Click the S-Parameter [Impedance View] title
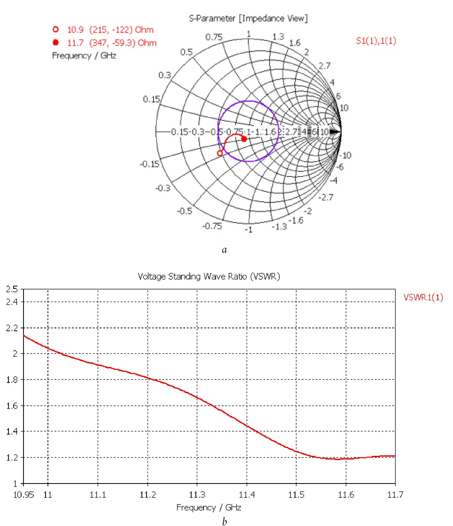(248, 18)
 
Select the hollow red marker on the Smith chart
(220, 153)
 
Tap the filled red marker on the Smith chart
(244, 139)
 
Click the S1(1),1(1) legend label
(376, 41)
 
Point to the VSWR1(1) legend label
(423, 297)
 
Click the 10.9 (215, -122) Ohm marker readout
(110, 30)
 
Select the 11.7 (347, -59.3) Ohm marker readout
(112, 43)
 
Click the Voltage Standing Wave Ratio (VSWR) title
(209, 276)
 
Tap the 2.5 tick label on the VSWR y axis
(12, 289)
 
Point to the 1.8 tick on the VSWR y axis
(12, 380)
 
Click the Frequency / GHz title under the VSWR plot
(209, 508)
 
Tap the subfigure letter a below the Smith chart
(225, 250)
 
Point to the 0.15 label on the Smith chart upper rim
(151, 99)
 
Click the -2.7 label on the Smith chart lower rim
(326, 197)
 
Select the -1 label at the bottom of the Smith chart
(248, 230)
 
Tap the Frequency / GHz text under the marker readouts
(84, 56)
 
